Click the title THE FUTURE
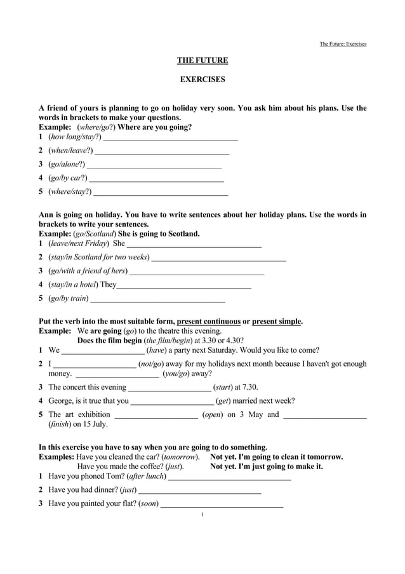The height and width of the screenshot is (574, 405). coord(202,60)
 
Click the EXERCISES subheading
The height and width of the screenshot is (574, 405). coord(202,79)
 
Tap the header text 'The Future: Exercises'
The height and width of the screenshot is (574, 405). coord(343,44)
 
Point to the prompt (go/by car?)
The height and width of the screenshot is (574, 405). coord(68,178)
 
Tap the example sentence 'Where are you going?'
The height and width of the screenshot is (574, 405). coord(159,127)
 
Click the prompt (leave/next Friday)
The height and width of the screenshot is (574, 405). coord(78,243)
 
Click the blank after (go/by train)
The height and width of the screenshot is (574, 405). coord(158,299)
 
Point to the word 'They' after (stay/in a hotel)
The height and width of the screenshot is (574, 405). coord(108,285)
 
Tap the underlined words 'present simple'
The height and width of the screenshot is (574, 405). coord(276,322)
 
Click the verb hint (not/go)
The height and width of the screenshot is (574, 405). coord(151,364)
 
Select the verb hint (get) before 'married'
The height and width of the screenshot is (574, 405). coord(223,401)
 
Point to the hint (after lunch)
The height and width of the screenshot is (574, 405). coord(147,475)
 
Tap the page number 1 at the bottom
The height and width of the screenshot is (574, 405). coord(202,514)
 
